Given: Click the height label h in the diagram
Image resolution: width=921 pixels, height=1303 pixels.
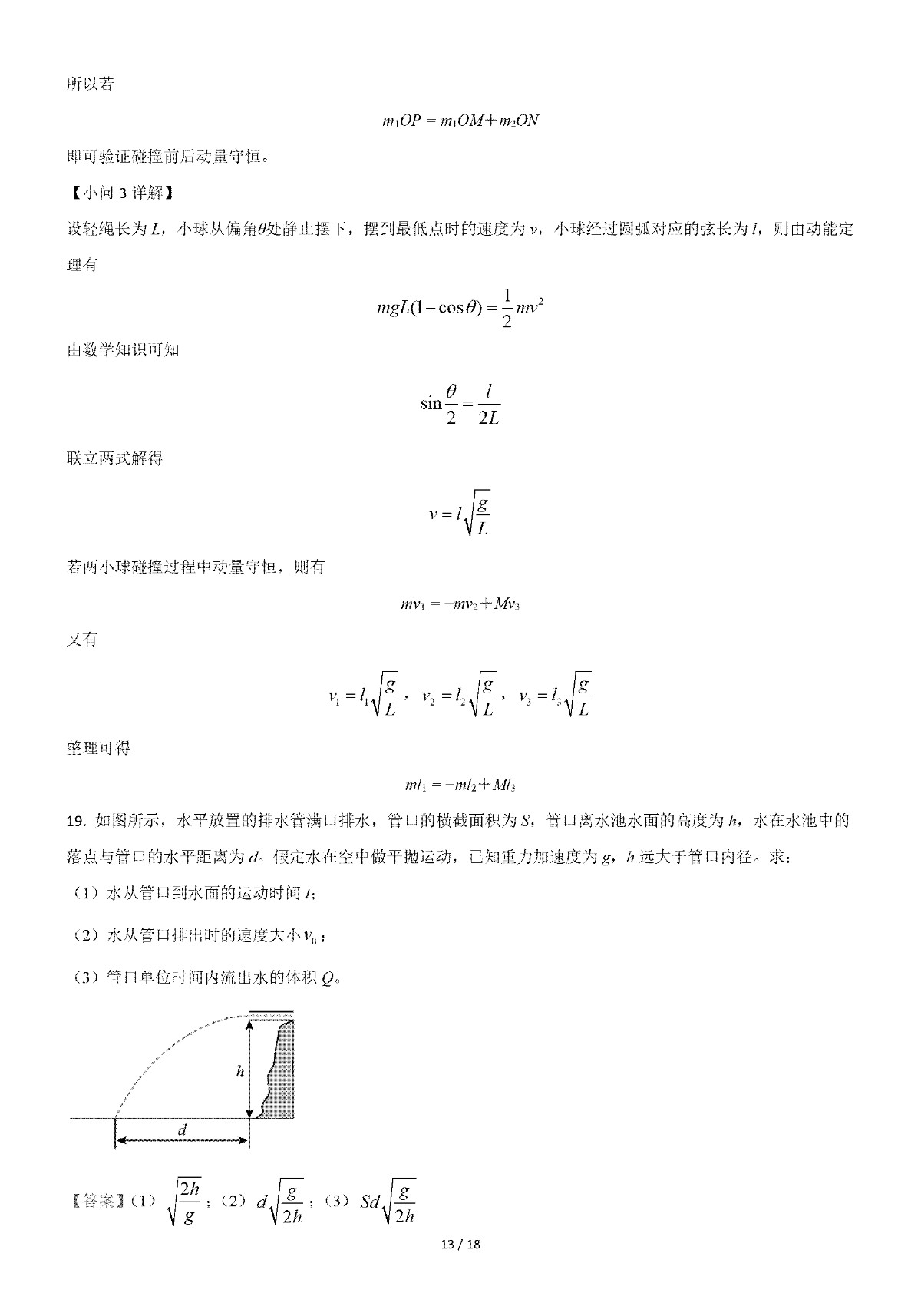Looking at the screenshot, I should [239, 1071].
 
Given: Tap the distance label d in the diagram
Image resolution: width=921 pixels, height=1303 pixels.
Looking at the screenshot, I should [182, 1130].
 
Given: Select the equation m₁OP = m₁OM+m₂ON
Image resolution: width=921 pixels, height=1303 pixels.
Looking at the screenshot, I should [460, 121].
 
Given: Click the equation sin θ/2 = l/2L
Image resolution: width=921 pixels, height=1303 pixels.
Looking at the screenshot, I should [460, 404].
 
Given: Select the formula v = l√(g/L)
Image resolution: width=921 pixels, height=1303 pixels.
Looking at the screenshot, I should [460, 513].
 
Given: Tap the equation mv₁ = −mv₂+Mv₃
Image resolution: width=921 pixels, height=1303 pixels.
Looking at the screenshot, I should [460, 604].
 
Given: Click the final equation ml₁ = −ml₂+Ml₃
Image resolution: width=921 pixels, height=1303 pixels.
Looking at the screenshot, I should [460, 785].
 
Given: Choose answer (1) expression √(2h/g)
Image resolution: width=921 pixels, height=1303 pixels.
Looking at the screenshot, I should [184, 1202].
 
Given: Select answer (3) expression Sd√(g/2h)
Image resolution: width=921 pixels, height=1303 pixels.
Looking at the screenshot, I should [388, 1202].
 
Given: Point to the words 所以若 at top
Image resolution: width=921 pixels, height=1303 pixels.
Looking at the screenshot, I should [91, 84].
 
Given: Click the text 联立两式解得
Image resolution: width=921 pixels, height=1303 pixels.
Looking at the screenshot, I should [115, 458].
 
